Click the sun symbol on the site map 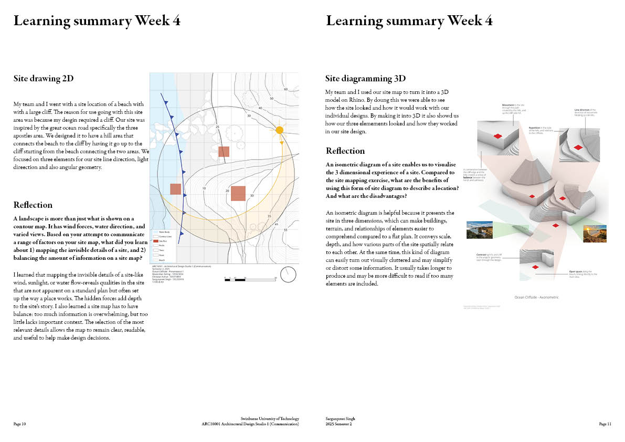(280, 130)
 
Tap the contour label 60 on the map (286, 89)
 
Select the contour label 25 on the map (217, 127)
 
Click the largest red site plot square (238, 193)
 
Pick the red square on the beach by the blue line (176, 189)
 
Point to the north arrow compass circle (288, 274)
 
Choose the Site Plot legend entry (163, 240)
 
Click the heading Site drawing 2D (44, 79)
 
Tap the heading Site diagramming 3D (365, 79)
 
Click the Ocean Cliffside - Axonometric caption (536, 297)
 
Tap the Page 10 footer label (19, 424)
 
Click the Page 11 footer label (605, 424)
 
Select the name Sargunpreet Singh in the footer (340, 418)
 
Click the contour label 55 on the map (285, 230)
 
